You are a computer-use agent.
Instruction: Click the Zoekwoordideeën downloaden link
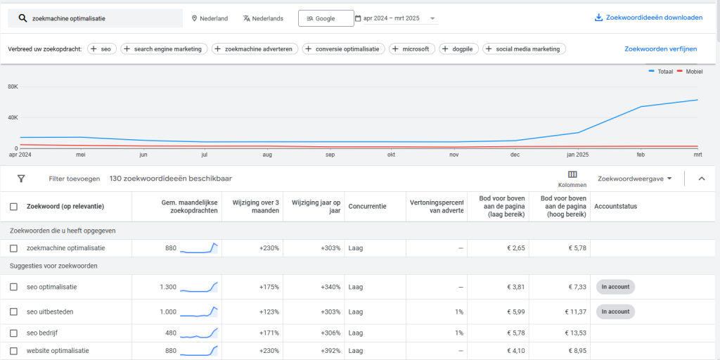(x=648, y=18)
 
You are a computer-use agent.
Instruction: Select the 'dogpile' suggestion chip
(x=458, y=49)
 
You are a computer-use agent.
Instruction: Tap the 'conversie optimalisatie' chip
(x=343, y=49)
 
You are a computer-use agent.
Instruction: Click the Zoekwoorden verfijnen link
(x=660, y=49)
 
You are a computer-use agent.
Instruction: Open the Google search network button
(x=326, y=18)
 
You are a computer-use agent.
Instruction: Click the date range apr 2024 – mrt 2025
(x=395, y=18)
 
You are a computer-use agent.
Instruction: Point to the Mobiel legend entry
(x=690, y=72)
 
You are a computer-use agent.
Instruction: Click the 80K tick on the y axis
(x=13, y=86)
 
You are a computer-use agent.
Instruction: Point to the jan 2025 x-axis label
(x=578, y=155)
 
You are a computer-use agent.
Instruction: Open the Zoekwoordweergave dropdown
(x=635, y=179)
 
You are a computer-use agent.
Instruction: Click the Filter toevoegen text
(x=75, y=179)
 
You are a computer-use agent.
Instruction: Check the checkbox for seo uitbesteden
(x=14, y=311)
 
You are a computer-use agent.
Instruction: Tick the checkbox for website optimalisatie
(x=14, y=352)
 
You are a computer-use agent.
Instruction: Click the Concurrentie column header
(x=367, y=207)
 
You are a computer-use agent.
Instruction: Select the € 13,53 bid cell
(x=575, y=333)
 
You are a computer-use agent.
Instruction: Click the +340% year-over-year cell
(x=330, y=287)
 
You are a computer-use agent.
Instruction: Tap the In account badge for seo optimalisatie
(x=615, y=287)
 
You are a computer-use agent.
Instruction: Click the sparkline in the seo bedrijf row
(x=198, y=333)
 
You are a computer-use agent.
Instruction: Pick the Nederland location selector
(x=210, y=18)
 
